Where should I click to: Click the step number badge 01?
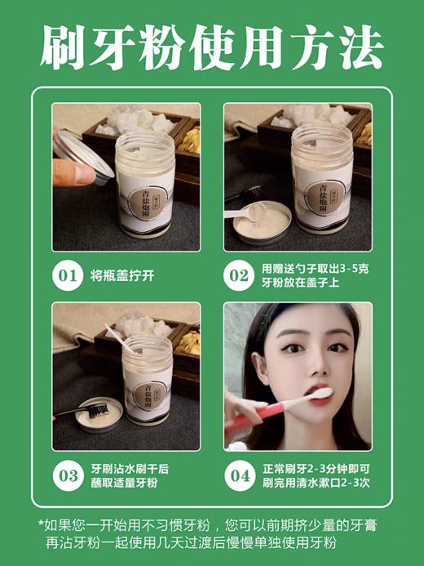pyautogui.click(x=68, y=275)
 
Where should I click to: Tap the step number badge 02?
pyautogui.click(x=239, y=275)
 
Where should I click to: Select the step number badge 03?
pyautogui.click(x=68, y=475)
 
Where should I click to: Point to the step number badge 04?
pyautogui.click(x=239, y=475)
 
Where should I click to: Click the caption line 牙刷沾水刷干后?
pyautogui.click(x=131, y=467)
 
